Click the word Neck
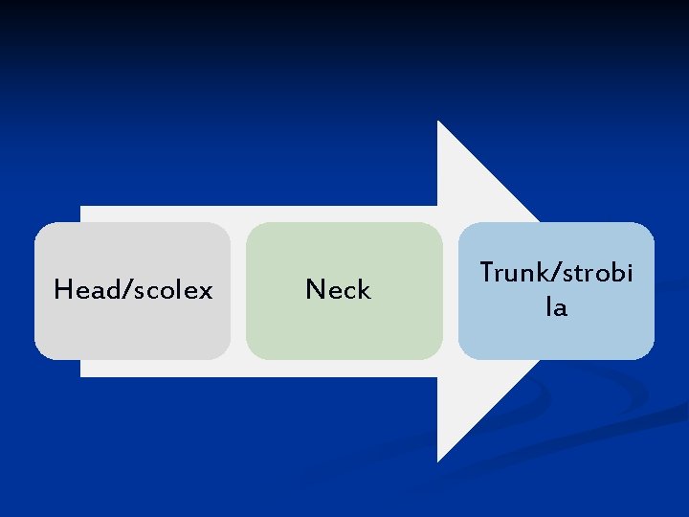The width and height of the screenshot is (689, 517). tap(338, 290)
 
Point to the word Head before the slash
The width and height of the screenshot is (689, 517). tap(85, 289)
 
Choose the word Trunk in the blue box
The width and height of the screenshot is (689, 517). tap(512, 273)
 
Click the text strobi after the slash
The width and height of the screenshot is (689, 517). tap(596, 273)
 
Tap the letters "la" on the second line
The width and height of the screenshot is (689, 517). tap(556, 308)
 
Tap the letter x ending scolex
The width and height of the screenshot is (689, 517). tap(206, 290)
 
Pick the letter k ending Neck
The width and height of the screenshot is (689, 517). tap(364, 290)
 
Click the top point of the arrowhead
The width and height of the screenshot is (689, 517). tap(439, 123)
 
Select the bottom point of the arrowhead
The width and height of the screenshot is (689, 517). tap(439, 460)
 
